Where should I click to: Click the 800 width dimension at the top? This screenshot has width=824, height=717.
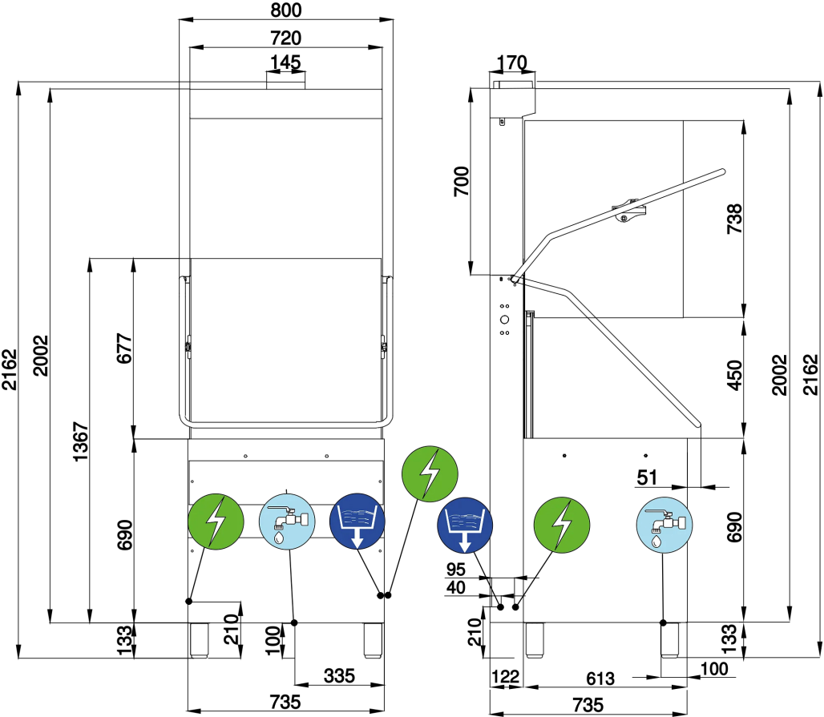point(286,10)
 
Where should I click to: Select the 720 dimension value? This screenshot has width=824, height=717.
point(286,38)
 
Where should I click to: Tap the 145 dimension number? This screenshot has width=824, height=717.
point(285,62)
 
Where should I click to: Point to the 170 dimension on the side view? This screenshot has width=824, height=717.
point(512,62)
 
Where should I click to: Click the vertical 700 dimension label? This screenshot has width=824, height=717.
point(462,181)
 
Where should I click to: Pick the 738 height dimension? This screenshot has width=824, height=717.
point(734,219)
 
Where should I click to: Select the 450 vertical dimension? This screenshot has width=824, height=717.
point(734,375)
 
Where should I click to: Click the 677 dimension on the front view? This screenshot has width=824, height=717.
point(124,348)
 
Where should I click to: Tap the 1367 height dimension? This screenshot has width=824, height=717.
point(80,441)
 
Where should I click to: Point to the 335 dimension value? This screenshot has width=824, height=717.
point(340,675)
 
